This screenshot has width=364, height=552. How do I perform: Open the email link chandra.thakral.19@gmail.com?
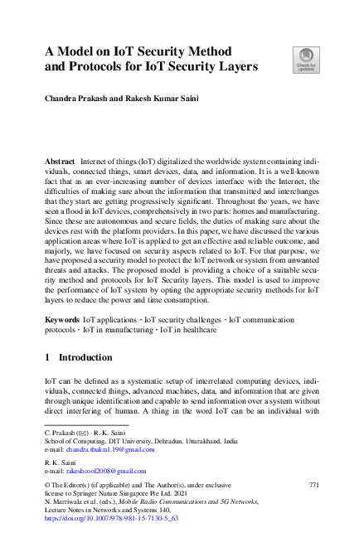point(111,449)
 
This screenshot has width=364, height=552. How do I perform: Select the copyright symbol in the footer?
point(47,483)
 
